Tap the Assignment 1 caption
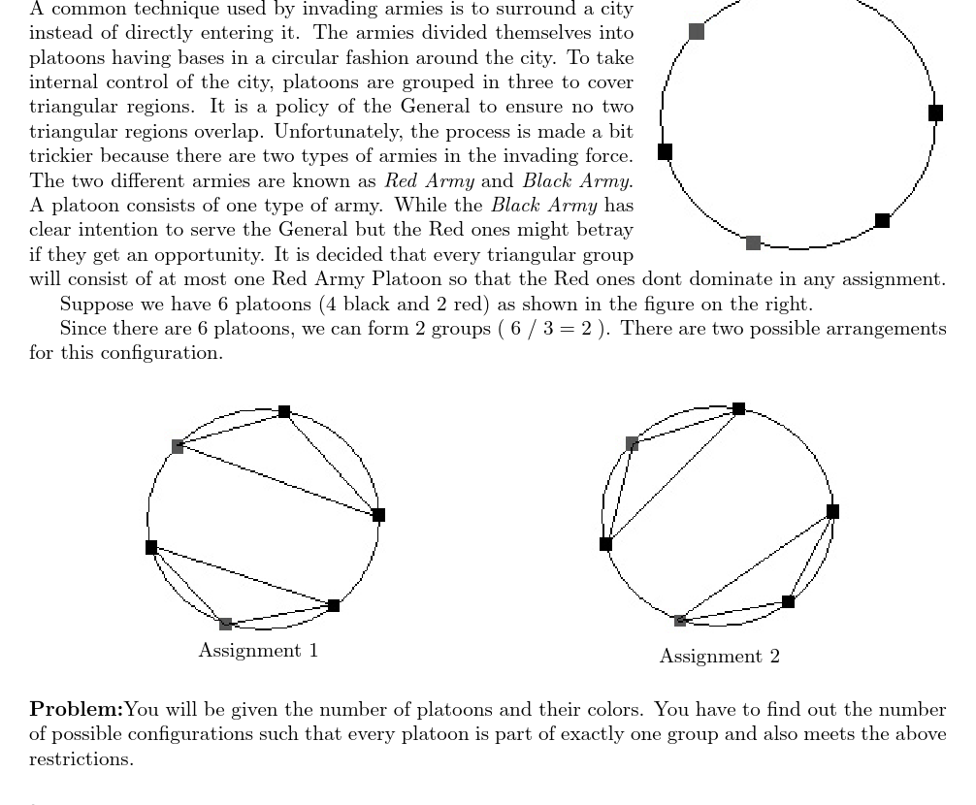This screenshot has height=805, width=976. coord(258,651)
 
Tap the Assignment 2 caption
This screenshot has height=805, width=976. coord(719,657)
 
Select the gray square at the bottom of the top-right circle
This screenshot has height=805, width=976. coord(753,242)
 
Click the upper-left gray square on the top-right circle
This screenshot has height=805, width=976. coord(696,31)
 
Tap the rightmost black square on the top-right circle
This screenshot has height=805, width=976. coord(935,113)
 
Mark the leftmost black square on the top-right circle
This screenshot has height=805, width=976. coord(665,151)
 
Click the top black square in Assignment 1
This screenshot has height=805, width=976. coord(284,411)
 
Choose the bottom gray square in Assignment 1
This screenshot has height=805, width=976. coord(225,624)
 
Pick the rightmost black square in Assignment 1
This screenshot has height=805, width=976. coord(378,515)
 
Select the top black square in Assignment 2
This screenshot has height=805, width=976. coord(739,408)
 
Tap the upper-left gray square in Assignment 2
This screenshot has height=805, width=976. coord(632,443)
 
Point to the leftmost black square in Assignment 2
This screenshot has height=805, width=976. coord(606,544)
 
